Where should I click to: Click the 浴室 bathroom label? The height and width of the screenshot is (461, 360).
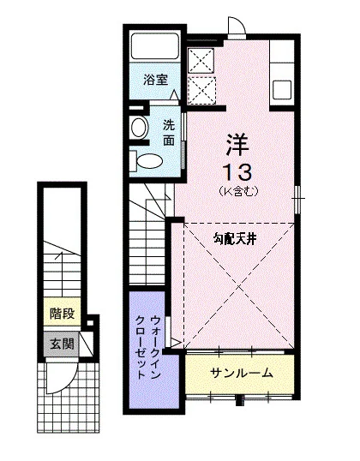tap(156, 80)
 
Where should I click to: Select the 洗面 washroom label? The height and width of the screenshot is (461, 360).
tap(169, 133)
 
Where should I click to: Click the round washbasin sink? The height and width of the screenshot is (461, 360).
tap(140, 128)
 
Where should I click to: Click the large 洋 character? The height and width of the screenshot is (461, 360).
tap(237, 145)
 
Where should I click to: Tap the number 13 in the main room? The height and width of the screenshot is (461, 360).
tap(237, 172)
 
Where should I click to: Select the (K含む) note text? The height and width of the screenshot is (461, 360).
tap(238, 191)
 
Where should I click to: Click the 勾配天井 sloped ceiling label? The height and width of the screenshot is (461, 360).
tap(235, 240)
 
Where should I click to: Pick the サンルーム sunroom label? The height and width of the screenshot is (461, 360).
tap(242, 373)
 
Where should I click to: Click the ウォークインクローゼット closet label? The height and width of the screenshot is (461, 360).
tap(147, 347)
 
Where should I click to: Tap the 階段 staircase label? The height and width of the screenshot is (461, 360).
tap(62, 314)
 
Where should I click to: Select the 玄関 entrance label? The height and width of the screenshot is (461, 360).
tap(62, 344)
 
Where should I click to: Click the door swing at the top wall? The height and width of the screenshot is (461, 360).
tap(237, 27)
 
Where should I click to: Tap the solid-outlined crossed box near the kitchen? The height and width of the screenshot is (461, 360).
tap(201, 61)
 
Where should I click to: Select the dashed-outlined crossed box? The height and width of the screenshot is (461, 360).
tap(201, 91)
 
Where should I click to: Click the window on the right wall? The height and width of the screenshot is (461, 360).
tap(298, 199)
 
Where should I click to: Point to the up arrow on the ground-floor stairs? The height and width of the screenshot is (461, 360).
tap(62, 274)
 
